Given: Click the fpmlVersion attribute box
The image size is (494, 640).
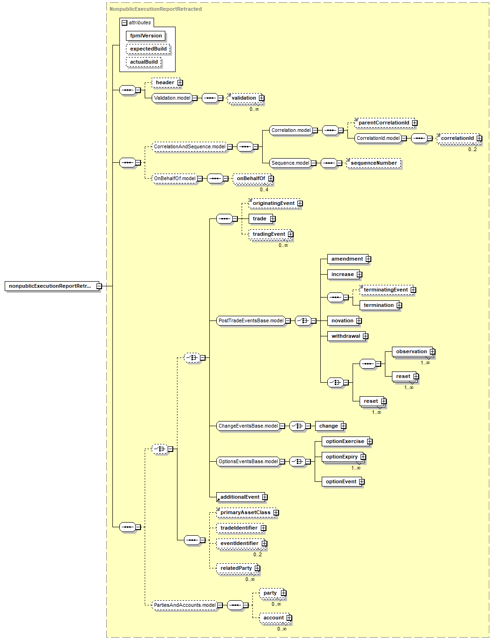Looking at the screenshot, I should [x=146, y=36].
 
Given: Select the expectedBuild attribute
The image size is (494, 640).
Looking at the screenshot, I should [x=148, y=49].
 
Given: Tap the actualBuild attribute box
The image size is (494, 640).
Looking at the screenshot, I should [x=144, y=62].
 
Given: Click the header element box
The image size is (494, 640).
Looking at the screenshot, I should [x=165, y=83].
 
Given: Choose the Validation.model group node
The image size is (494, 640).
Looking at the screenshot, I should [x=172, y=98].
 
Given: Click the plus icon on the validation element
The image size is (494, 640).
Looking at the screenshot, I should [x=262, y=98].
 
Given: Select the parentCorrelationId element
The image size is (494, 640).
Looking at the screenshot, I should [x=383, y=123].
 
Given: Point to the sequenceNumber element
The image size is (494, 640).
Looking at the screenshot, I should [x=374, y=163].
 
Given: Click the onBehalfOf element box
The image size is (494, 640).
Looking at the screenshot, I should [x=251, y=179].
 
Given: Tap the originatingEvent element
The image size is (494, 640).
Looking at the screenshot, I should [x=273, y=204].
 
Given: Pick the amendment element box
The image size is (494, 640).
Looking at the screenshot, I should [x=347, y=259].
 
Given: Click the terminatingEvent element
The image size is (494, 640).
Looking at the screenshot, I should [x=385, y=290].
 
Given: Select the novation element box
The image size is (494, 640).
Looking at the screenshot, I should [x=342, y=321].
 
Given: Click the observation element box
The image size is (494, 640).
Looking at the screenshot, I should [x=411, y=352].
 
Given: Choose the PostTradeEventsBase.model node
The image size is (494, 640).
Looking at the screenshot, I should [x=251, y=321].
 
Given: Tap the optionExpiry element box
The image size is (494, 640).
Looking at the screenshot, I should [x=341, y=457].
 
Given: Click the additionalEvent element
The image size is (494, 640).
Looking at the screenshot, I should [x=240, y=497].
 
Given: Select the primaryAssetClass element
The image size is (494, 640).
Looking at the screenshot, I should [x=245, y=513].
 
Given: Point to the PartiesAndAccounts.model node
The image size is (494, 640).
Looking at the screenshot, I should [x=184, y=605].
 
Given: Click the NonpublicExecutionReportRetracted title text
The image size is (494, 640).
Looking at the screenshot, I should [x=155, y=9].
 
